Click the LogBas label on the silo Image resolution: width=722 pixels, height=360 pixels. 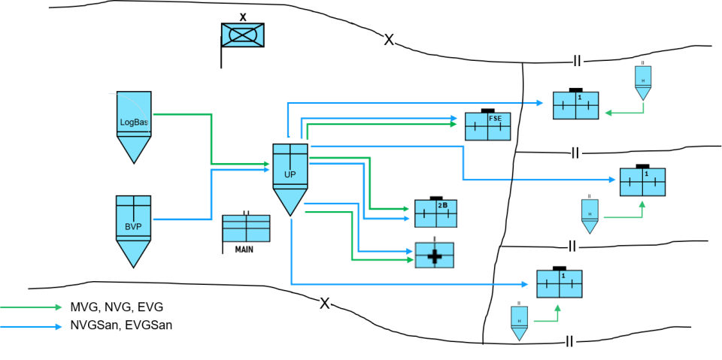click(x=134, y=122)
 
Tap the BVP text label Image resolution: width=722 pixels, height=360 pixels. click(x=133, y=226)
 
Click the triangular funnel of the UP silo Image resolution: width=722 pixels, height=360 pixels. click(x=290, y=201)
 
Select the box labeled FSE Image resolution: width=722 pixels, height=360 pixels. click(x=487, y=126)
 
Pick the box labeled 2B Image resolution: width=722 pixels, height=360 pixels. click(x=436, y=213)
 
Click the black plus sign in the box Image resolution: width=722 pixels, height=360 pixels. click(x=435, y=256)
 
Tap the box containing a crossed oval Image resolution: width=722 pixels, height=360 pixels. click(x=242, y=35)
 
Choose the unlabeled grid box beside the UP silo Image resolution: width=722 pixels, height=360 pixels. click(x=246, y=228)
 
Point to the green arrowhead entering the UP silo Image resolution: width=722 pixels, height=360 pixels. click(x=266, y=163)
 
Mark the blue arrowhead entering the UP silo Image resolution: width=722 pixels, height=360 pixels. click(x=266, y=170)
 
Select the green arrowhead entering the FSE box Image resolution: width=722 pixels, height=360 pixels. click(x=454, y=124)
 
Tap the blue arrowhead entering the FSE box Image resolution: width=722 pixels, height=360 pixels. click(x=454, y=118)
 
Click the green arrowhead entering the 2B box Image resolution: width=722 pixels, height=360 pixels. click(x=406, y=209)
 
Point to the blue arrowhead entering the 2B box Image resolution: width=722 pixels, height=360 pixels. click(x=406, y=219)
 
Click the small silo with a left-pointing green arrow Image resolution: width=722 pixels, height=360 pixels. click(x=643, y=82)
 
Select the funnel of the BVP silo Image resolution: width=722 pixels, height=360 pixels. click(x=133, y=253)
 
